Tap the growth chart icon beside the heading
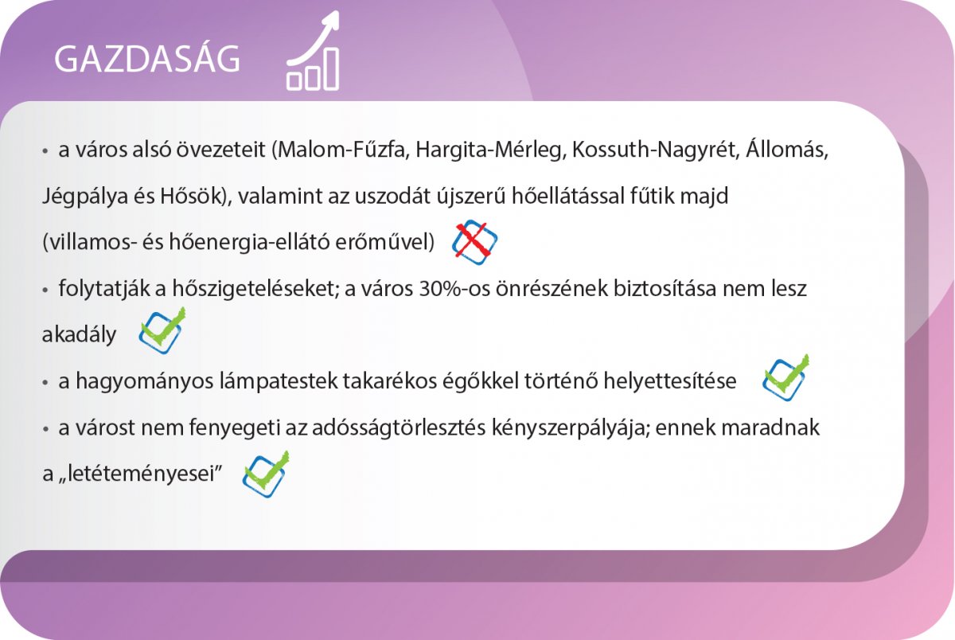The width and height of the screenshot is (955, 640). tap(314, 51)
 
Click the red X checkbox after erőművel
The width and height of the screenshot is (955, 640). tap(474, 242)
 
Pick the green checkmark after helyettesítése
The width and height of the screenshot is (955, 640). tap(785, 378)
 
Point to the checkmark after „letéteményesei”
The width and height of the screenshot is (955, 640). tap(266, 474)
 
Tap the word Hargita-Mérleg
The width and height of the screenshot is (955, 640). tap(491, 150)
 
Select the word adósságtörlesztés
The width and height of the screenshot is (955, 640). tap(399, 427)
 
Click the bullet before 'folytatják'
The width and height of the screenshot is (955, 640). tap(45, 290)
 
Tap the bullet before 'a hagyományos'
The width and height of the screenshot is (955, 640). tap(45, 382)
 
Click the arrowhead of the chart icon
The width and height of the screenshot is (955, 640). tap(332, 19)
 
